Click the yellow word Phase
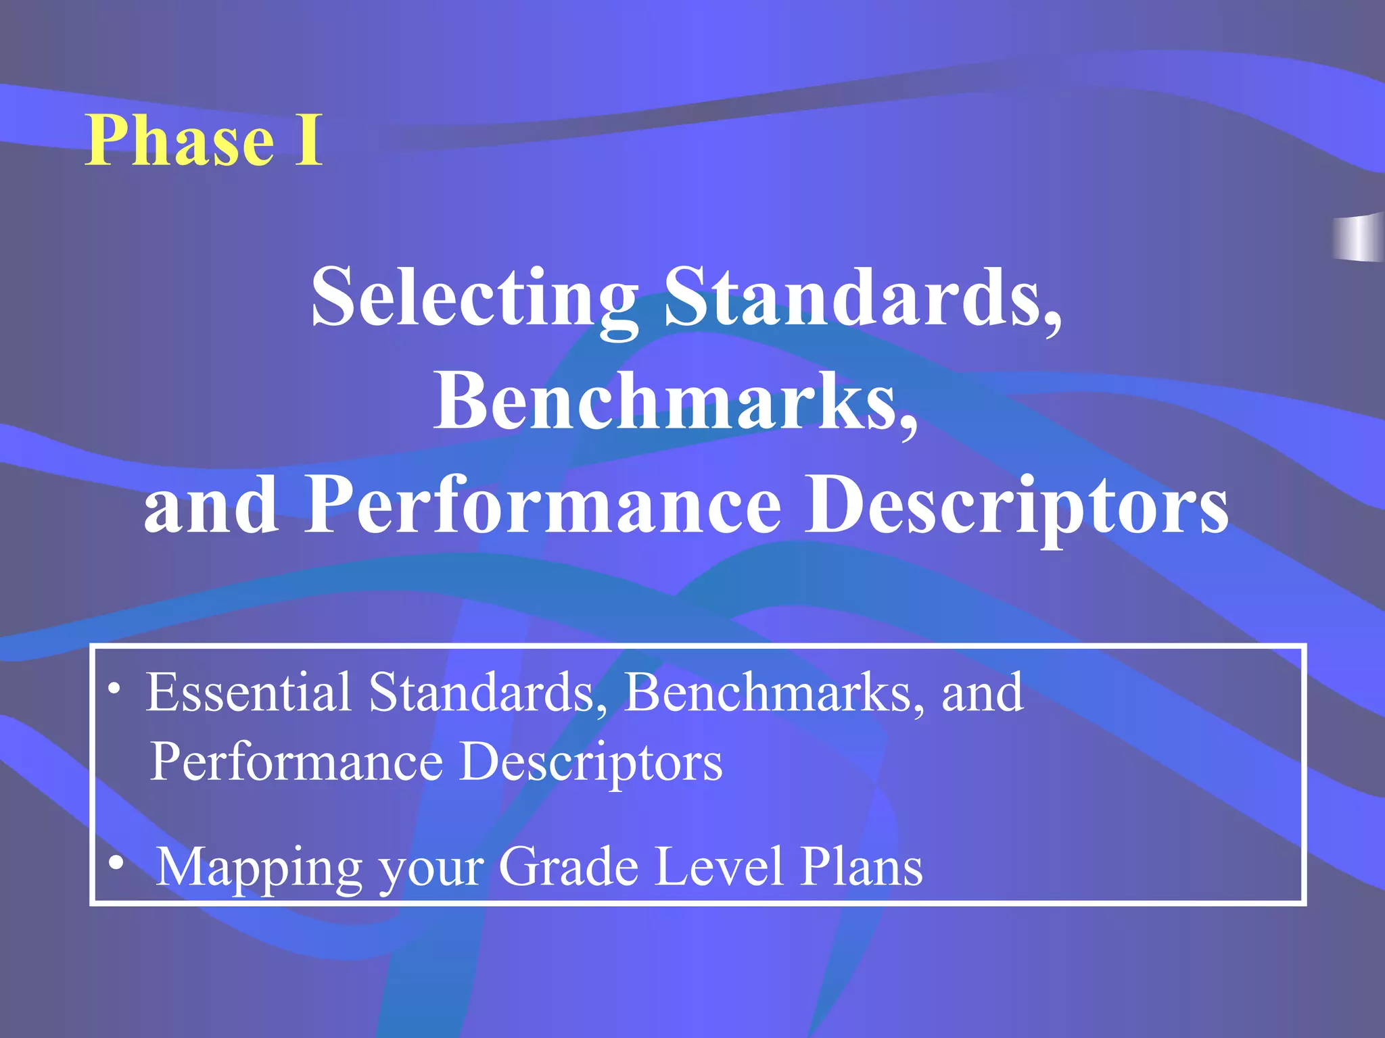click(180, 141)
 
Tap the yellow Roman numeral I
click(308, 141)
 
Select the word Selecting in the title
click(474, 297)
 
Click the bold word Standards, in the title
click(863, 297)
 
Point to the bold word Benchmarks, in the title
click(676, 401)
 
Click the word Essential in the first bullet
click(248, 692)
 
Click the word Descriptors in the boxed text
click(590, 762)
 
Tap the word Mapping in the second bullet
click(259, 868)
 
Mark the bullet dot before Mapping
click(117, 863)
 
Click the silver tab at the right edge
click(1359, 237)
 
